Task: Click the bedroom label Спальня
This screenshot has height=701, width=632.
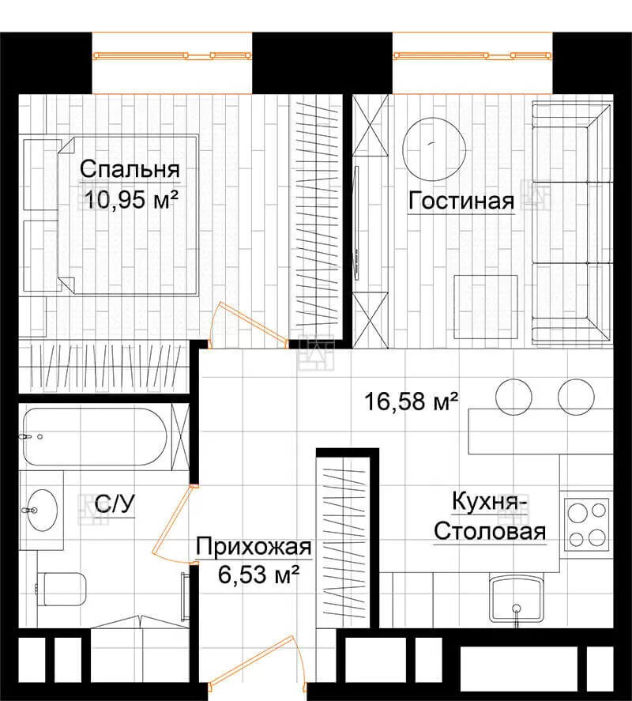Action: tap(130, 169)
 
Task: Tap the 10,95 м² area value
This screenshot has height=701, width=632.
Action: tap(131, 199)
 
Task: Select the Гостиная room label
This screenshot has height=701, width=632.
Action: tap(461, 201)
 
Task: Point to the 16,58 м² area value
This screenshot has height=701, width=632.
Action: tap(412, 401)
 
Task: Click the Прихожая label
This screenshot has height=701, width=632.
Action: tap(254, 546)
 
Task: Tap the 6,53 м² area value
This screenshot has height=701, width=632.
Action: tap(258, 575)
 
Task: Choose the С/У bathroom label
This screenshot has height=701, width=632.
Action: tap(115, 504)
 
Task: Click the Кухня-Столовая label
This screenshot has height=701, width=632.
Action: tap(490, 516)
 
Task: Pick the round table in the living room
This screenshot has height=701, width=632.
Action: tap(434, 149)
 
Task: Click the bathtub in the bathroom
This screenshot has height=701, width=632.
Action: tap(95, 436)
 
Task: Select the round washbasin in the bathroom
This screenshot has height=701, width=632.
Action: tap(43, 510)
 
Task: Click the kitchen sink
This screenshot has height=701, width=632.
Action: tap(516, 599)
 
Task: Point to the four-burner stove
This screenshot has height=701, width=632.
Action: tap(587, 524)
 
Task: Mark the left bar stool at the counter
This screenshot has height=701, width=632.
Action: tap(514, 397)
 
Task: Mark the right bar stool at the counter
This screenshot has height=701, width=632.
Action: tap(576, 397)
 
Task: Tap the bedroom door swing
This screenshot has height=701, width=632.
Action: tap(249, 326)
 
